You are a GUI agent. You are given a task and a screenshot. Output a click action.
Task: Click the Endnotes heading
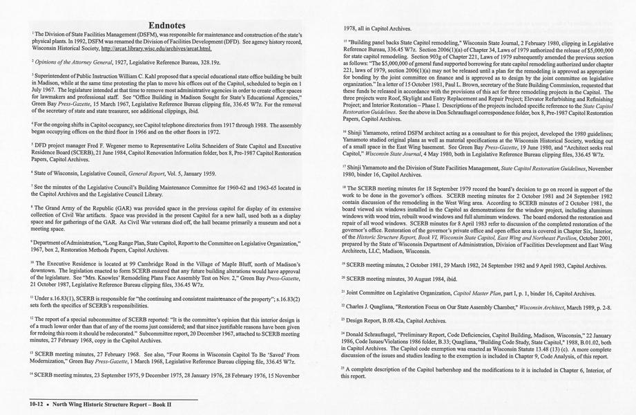click(166, 25)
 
